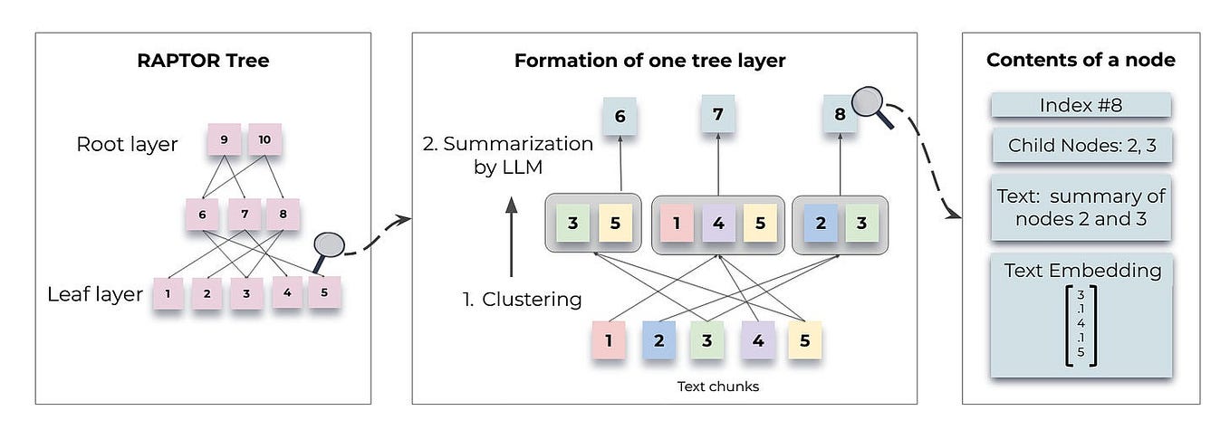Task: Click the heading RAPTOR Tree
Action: [202, 61]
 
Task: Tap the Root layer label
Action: [127, 145]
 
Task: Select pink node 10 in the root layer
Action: [264, 140]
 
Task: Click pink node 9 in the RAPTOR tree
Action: [224, 140]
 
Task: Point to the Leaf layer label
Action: [95, 293]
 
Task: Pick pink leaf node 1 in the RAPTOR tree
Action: [168, 293]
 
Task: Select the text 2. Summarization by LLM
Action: [508, 155]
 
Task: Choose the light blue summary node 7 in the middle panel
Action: [717, 115]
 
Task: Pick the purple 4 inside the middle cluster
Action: [717, 223]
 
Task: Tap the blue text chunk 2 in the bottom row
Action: [660, 341]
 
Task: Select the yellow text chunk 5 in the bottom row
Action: [803, 341]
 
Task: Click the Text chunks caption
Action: [717, 387]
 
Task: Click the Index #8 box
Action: [1081, 105]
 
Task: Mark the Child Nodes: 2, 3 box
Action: [1081, 146]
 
